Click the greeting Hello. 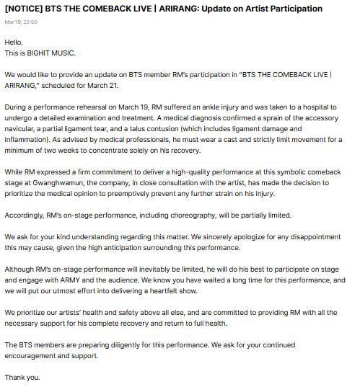tap(14, 42)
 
